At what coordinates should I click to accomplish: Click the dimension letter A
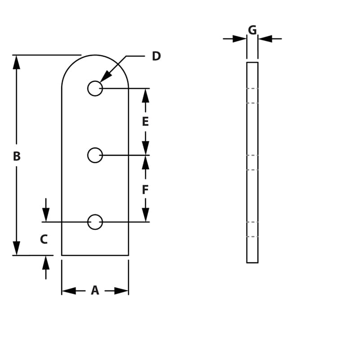[95, 291]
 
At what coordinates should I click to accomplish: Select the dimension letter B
[17, 157]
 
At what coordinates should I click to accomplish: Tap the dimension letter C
[44, 239]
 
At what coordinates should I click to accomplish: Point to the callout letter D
[156, 56]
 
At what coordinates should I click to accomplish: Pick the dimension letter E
[145, 122]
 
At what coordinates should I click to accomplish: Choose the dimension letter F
[145, 190]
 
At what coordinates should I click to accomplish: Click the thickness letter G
[252, 30]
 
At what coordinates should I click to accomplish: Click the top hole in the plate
[95, 88]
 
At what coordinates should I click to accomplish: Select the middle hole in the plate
[95, 155]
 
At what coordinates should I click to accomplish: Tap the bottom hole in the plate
[95, 222]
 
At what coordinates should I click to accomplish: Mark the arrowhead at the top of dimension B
[17, 62]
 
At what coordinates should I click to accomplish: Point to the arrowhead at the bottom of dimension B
[17, 248]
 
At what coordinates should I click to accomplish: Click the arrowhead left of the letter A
[69, 291]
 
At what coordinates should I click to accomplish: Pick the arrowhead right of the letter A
[121, 291]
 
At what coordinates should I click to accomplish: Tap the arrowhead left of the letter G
[240, 39]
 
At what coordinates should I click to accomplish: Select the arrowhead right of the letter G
[265, 39]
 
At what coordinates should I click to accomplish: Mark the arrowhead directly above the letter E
[145, 95]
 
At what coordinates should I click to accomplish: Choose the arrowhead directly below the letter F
[145, 215]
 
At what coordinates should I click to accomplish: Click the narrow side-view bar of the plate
[252, 162]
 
